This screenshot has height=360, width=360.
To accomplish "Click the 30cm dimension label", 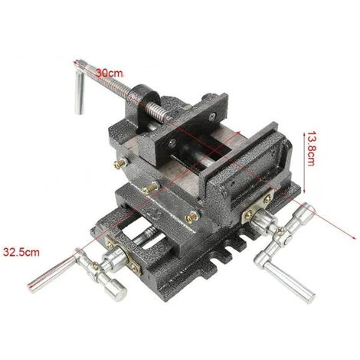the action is coord(110,74).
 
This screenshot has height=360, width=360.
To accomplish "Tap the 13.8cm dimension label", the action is coord(311,149).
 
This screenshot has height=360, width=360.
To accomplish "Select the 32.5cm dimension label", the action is coord(21,252).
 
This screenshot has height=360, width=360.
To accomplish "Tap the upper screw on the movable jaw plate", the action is coord(212,117).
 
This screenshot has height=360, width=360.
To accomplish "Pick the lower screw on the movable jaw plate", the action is coord(172,143).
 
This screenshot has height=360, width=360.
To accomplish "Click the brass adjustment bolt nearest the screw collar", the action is coord(121,163).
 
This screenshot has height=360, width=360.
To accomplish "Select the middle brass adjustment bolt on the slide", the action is coord(150,188).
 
